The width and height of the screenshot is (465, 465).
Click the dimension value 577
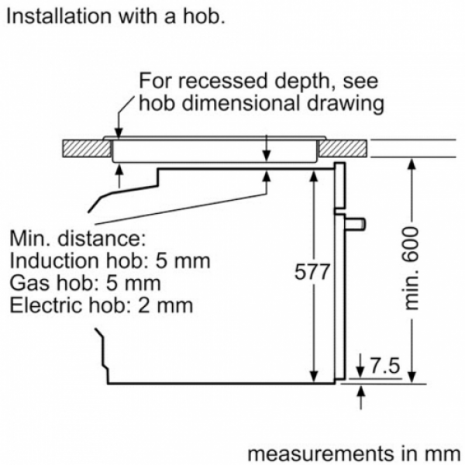click(x=312, y=271)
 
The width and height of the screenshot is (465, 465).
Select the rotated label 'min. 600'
click(x=412, y=268)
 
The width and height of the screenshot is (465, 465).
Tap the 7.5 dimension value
click(x=385, y=366)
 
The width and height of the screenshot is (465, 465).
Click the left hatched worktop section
click(x=87, y=149)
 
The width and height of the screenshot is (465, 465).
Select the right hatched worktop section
click(x=343, y=149)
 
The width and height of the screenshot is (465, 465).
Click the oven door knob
click(x=355, y=224)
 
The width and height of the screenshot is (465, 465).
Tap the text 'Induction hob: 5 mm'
click(x=110, y=260)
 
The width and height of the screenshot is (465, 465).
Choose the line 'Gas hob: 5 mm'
click(x=85, y=283)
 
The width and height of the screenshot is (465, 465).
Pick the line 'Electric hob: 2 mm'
click(x=102, y=305)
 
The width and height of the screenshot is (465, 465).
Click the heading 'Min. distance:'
click(x=78, y=238)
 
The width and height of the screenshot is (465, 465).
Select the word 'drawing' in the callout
click(x=346, y=105)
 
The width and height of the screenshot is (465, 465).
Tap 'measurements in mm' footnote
click(x=354, y=453)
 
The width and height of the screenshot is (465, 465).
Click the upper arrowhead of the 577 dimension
click(x=313, y=176)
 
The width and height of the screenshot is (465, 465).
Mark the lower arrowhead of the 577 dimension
click(x=313, y=377)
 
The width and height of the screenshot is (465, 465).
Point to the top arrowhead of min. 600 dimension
click(x=412, y=164)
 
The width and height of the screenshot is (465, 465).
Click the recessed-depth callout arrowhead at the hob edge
click(x=119, y=133)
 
